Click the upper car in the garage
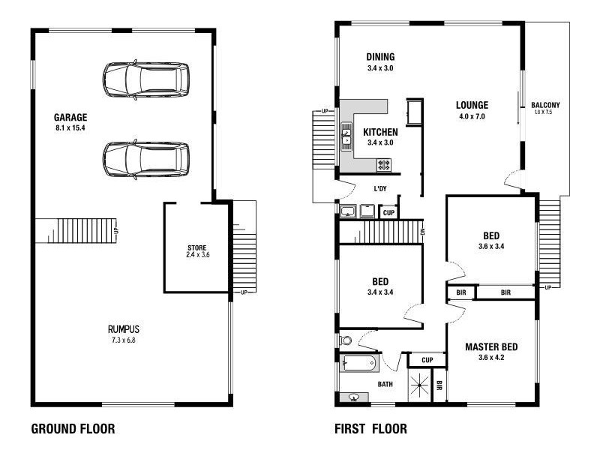pyautogui.click(x=145, y=80)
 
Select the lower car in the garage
pyautogui.click(x=145, y=159)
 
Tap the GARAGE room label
pyautogui.click(x=70, y=117)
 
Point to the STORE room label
pyautogui.click(x=196, y=248)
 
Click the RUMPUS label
pyautogui.click(x=123, y=329)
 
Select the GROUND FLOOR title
pyautogui.click(x=73, y=430)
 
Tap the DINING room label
pyautogui.click(x=380, y=57)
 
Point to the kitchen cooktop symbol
pyautogui.click(x=384, y=164)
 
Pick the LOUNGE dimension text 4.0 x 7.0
pyautogui.click(x=472, y=116)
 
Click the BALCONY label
pyautogui.click(x=545, y=105)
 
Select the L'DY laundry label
pyautogui.click(x=379, y=189)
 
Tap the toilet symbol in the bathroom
pyautogui.click(x=346, y=340)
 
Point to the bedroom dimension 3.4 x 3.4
pyautogui.click(x=380, y=292)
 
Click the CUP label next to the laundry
pyautogui.click(x=388, y=213)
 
